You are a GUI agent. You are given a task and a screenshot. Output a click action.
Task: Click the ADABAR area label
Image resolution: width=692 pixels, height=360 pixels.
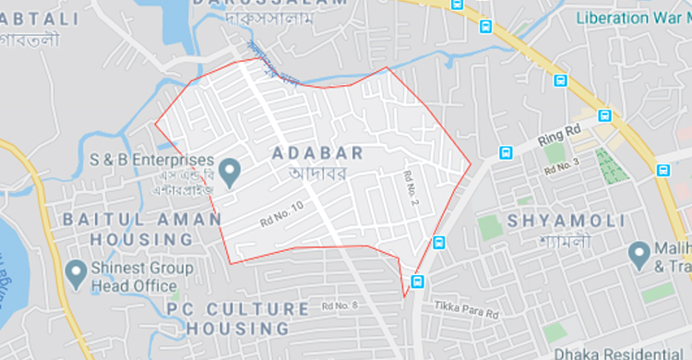click(x=318, y=153)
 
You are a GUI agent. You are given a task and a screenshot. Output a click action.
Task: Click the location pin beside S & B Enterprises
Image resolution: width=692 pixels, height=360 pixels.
click(x=233, y=169)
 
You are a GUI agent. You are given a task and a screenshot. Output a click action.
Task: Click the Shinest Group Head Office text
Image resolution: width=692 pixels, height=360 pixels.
click(x=142, y=277)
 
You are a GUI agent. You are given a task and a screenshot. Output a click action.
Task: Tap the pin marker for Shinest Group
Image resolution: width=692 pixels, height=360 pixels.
click(x=77, y=272)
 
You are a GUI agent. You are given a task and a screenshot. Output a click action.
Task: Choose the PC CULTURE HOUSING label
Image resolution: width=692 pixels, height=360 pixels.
click(x=237, y=317)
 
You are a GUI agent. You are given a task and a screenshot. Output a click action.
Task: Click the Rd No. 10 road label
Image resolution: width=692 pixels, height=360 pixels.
click(x=281, y=215)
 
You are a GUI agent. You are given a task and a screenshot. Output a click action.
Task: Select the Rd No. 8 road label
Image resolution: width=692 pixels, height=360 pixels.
click(x=340, y=306)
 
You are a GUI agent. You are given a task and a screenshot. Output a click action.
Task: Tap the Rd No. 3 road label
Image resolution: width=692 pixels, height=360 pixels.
click(x=561, y=167)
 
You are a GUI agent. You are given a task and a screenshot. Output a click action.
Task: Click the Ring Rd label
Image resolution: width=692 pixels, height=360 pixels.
click(x=560, y=135)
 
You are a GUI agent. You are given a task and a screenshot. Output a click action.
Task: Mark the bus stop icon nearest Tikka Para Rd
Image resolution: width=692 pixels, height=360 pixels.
click(x=419, y=281)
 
